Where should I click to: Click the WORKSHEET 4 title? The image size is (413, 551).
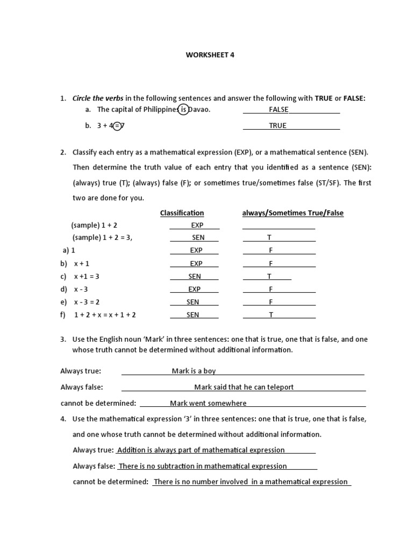(x=211, y=55)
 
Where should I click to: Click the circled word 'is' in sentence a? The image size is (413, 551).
(x=183, y=110)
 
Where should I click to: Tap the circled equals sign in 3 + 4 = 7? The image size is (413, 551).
(x=117, y=126)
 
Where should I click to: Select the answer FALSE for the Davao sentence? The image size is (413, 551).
(x=279, y=110)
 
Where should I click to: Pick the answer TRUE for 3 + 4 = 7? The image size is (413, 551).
(x=278, y=126)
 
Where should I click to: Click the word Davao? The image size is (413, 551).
(x=200, y=110)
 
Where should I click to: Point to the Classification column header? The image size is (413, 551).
(x=182, y=213)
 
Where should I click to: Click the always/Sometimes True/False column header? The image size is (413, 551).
(x=293, y=213)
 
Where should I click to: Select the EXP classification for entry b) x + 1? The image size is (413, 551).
(x=196, y=264)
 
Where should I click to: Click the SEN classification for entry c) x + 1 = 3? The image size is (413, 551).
(x=195, y=277)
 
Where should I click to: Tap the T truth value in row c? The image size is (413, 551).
(x=269, y=277)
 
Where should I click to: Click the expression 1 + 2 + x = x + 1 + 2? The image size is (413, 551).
(x=105, y=315)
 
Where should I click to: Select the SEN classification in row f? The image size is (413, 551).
(x=193, y=315)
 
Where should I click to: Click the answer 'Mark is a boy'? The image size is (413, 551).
(x=194, y=371)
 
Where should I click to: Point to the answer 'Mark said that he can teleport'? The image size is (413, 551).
(x=244, y=387)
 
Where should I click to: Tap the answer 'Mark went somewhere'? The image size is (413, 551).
(x=208, y=404)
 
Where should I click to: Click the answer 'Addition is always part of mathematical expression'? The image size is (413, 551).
(x=201, y=450)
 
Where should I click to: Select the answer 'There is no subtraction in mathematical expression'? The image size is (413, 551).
(x=203, y=467)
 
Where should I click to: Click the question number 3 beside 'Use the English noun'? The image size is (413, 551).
(x=63, y=340)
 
